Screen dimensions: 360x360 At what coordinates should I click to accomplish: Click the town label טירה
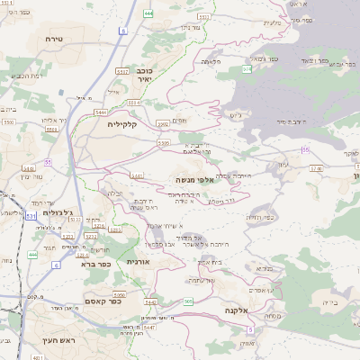(51, 39)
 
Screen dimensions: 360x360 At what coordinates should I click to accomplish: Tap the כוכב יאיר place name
(144, 76)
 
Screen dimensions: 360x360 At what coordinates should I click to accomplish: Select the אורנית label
(137, 260)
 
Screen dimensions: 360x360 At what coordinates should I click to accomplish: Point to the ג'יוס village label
(237, 114)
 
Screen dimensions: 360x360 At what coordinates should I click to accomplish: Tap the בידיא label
(331, 302)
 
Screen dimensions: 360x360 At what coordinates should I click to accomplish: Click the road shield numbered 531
(31, 216)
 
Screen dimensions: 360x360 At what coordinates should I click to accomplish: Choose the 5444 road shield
(102, 112)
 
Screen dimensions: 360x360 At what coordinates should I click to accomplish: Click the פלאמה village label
(211, 60)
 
